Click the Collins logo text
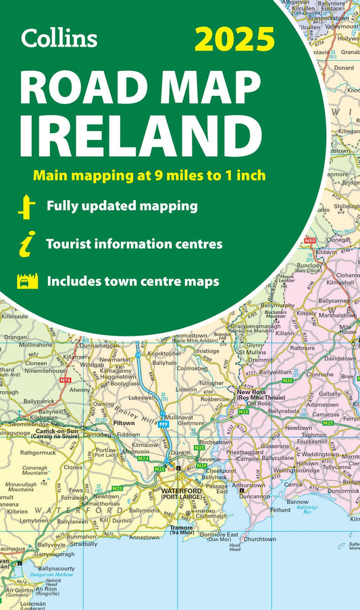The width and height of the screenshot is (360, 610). [x=59, y=38]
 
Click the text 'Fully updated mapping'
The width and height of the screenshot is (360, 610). [x=122, y=205]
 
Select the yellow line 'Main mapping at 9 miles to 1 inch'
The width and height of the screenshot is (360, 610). [x=149, y=176]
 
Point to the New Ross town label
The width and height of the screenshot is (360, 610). [x=250, y=392]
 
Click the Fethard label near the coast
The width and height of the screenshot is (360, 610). [x=280, y=511]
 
